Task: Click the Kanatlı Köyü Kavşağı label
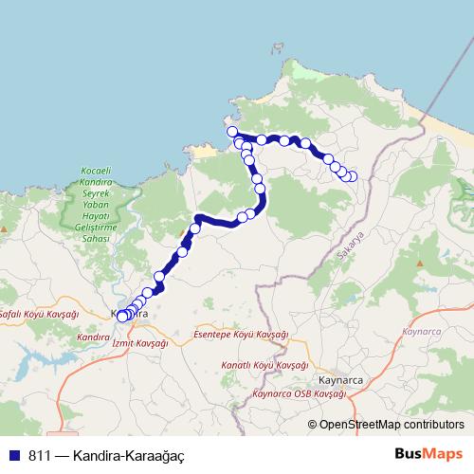[264, 365]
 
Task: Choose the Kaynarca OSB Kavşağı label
[299, 392]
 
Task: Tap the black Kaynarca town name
[341, 380]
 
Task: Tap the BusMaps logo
[428, 455]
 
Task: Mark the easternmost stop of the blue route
[353, 176]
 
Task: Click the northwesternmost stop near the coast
[232, 132]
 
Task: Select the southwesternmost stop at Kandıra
[121, 317]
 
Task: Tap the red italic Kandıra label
[94, 337]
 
